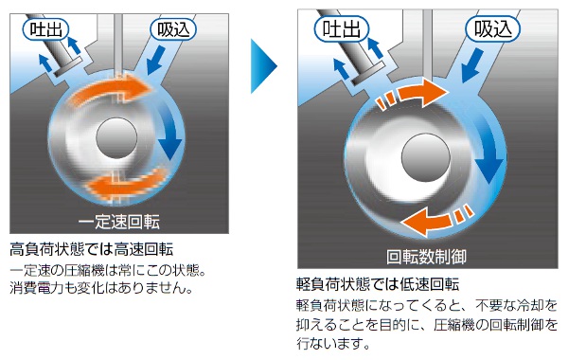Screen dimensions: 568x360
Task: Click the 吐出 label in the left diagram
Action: [x=45, y=29]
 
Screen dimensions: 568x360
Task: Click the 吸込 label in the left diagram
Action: [x=173, y=29]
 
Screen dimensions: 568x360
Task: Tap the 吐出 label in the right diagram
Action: [x=341, y=28]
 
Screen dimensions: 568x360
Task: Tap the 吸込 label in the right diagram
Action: [x=492, y=28]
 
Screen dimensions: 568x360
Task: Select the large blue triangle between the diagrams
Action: [x=261, y=66]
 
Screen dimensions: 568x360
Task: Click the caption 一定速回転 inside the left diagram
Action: [x=119, y=222]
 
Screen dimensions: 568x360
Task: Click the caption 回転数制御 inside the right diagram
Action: [x=426, y=257]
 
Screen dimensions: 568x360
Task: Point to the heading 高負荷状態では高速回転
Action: [x=91, y=249]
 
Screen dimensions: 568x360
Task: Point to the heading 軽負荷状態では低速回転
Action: [x=378, y=284]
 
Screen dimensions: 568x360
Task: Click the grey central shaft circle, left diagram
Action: [x=116, y=137]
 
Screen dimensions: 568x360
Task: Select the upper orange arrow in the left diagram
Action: [x=113, y=91]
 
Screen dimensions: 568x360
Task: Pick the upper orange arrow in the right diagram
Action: [x=412, y=94]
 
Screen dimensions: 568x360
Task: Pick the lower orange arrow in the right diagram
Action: [x=437, y=220]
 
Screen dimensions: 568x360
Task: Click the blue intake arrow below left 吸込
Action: [x=156, y=61]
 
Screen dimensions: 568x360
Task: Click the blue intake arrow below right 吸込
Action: [x=472, y=65]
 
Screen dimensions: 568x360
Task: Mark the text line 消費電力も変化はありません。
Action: [x=101, y=287]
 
